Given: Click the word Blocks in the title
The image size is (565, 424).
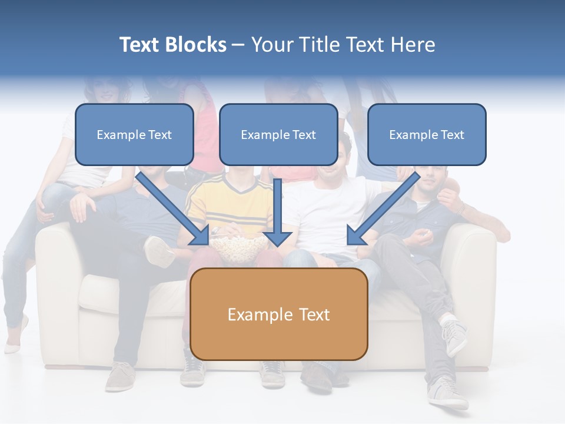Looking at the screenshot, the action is pyautogui.click(x=195, y=45).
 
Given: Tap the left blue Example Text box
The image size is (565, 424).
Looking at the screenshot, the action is pyautogui.click(x=134, y=134).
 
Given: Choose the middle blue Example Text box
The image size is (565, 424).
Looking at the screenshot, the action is pyautogui.click(x=278, y=134).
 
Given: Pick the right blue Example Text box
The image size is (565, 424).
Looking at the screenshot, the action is pyautogui.click(x=427, y=134).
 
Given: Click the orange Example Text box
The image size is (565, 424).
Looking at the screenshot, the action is pyautogui.click(x=279, y=314).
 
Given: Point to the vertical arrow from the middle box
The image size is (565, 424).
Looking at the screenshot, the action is pyautogui.click(x=277, y=213).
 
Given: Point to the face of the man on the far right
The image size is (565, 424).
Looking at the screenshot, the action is pyautogui.click(x=430, y=179).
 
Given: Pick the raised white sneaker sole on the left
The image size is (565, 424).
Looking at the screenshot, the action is pyautogui.click(x=158, y=251).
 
